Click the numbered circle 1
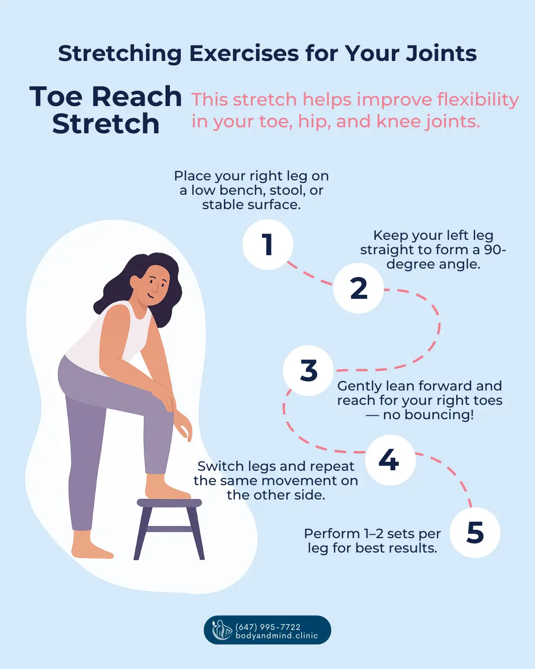[x=267, y=245]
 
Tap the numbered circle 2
[x=359, y=288]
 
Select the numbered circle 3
[x=308, y=371]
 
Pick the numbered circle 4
[x=390, y=460]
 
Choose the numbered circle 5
[x=475, y=533]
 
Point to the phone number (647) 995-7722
[x=268, y=626]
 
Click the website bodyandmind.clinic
[x=276, y=636]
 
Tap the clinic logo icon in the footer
[x=221, y=630]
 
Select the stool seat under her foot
[x=169, y=503]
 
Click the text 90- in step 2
[x=495, y=250]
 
